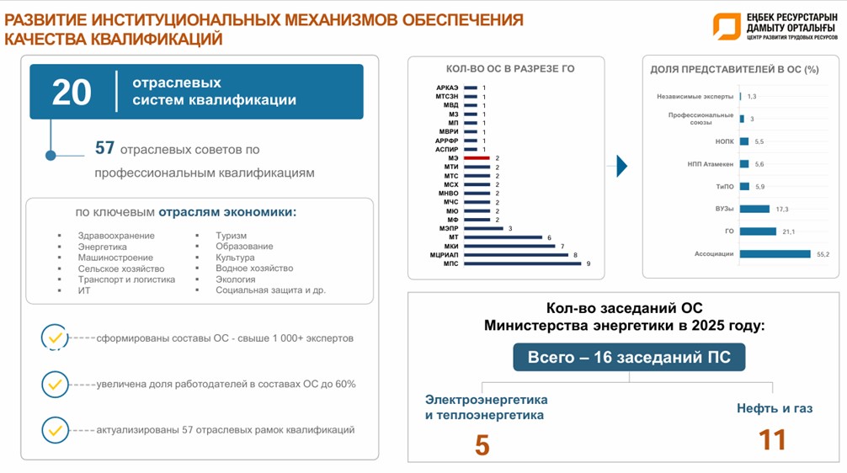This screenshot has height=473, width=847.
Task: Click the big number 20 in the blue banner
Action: (x=71, y=92)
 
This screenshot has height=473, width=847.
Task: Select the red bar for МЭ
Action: (x=476, y=157)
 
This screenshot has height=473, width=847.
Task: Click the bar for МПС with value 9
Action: (x=521, y=263)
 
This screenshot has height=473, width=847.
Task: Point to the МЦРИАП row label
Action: (x=443, y=254)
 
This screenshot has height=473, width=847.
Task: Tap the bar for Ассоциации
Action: (x=775, y=253)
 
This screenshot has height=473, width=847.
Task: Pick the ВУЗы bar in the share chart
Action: (x=755, y=209)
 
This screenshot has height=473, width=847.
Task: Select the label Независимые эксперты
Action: (x=695, y=97)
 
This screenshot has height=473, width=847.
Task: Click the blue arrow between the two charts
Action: (x=622, y=166)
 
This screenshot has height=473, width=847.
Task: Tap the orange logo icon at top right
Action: (x=725, y=25)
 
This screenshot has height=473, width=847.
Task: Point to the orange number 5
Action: (x=482, y=445)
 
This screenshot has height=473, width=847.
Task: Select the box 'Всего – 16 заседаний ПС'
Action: (x=629, y=358)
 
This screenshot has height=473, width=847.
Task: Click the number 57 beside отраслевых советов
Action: (x=104, y=148)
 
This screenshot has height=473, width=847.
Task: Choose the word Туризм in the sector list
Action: (x=231, y=236)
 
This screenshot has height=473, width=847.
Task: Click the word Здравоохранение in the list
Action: (x=115, y=236)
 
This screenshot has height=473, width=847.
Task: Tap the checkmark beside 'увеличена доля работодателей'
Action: (x=56, y=384)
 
